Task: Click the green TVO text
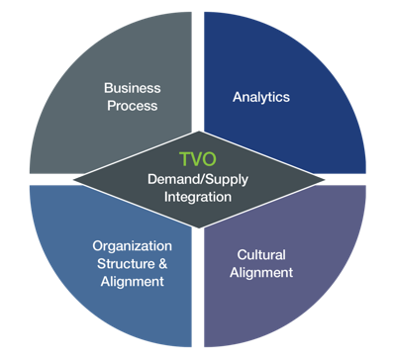[x=198, y=159]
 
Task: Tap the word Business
[x=133, y=88]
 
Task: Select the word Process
[x=133, y=106]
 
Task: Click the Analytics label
[x=261, y=97]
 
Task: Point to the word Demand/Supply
[x=198, y=180]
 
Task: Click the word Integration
[x=198, y=197]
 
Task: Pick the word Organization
[x=132, y=246]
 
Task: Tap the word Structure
[x=126, y=264]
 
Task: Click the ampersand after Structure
[x=163, y=264]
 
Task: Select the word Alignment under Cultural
[x=261, y=273]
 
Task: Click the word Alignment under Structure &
[x=132, y=282]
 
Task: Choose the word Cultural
[x=261, y=255]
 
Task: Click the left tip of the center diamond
[x=73, y=180]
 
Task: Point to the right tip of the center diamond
[x=325, y=180]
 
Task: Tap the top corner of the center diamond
[x=199, y=132]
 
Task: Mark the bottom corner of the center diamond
[x=199, y=228]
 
